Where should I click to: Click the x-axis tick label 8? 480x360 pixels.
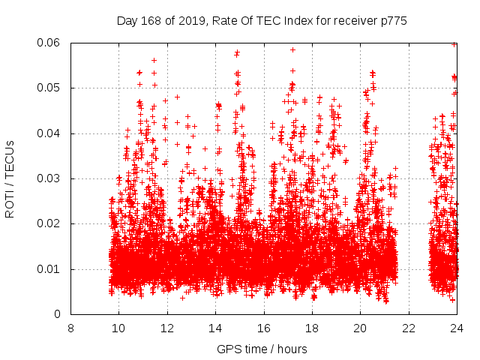(x=70, y=328)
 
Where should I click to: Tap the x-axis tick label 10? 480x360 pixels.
(x=118, y=328)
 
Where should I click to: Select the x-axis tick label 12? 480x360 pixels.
(x=167, y=328)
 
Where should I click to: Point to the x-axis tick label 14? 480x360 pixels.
(x=215, y=328)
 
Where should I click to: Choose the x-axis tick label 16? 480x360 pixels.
(x=264, y=328)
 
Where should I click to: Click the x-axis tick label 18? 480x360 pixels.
(x=312, y=328)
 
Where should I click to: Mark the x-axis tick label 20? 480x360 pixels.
(x=361, y=328)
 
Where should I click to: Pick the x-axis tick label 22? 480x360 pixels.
(x=409, y=328)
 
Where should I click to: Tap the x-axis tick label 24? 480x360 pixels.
(x=457, y=328)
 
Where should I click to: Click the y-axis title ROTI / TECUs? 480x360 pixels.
(x=10, y=178)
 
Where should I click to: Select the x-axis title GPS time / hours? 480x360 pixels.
(x=262, y=349)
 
